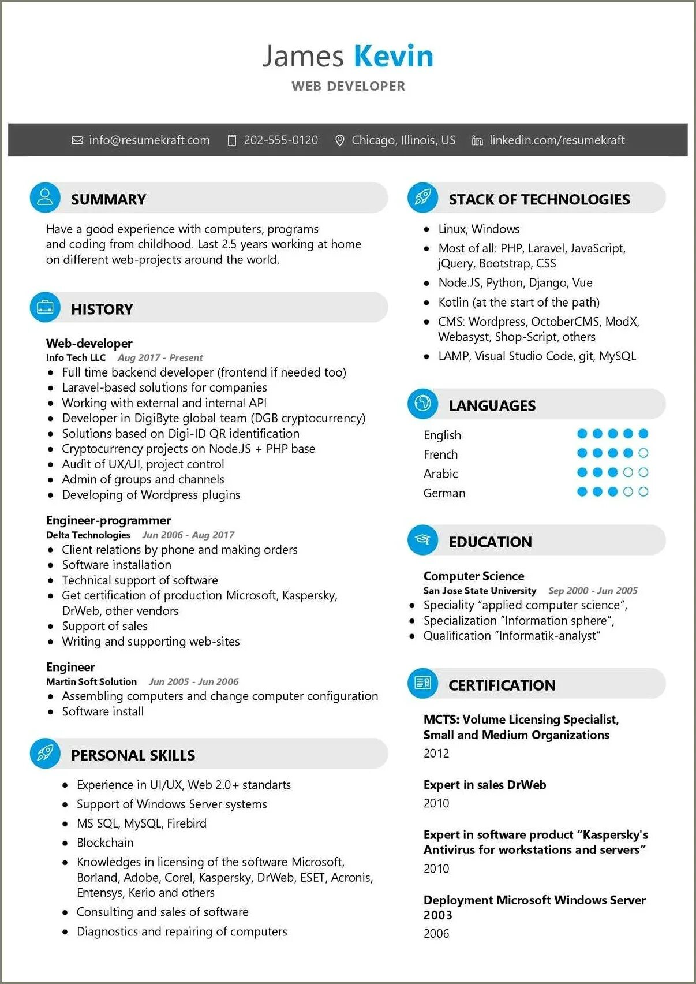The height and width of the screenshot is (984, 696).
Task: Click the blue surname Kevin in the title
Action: pos(393,57)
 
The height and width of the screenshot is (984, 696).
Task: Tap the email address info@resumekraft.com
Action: pos(149,140)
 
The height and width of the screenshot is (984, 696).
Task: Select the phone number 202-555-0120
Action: pos(280,140)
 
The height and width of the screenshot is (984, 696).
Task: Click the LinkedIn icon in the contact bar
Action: pos(477,140)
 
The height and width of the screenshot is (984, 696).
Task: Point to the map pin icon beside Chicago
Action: pos(340,140)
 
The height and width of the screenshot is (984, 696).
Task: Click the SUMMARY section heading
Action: pos(108,199)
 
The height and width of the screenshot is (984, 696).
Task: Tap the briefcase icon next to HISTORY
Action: pos(45,307)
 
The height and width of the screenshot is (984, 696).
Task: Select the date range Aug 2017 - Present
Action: pos(160,358)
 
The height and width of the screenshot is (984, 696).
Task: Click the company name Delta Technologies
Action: pos(88,535)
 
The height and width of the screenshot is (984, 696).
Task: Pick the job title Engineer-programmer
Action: pos(108,520)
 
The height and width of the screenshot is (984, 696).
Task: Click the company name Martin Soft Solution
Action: pos(91,682)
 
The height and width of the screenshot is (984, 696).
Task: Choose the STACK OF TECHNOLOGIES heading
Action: pos(539,199)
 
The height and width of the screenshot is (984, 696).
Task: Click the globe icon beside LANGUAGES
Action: pos(422,404)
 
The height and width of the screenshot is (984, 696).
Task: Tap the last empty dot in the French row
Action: pos(643,453)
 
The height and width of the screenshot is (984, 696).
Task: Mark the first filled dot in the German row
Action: pos(582,492)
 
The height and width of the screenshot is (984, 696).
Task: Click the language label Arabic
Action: pos(440,474)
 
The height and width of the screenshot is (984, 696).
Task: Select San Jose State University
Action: pos(480,591)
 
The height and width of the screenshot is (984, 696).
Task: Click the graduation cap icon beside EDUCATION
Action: pos(422,540)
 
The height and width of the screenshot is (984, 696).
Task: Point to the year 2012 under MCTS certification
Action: pos(436,753)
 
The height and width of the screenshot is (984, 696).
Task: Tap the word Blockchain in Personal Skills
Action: pos(105,843)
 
